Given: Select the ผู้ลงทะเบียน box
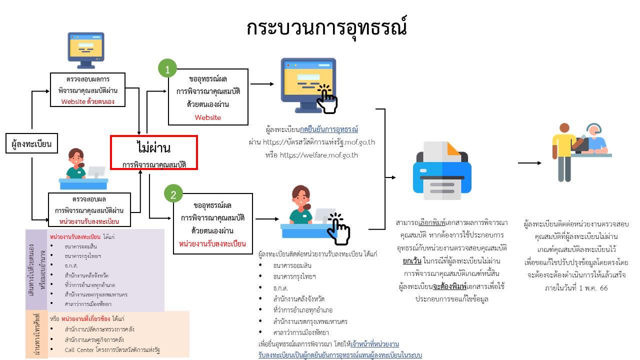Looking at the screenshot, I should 31,145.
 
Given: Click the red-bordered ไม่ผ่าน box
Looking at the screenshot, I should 154,152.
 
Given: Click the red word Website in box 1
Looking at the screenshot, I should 207,117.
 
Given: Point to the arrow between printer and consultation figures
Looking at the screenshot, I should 529,163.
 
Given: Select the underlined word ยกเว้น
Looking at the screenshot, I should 412,261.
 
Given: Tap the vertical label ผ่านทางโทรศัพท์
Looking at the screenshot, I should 37,334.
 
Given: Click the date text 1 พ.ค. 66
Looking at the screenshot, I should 590,288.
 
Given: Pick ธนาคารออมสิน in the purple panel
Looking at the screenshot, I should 80,246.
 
